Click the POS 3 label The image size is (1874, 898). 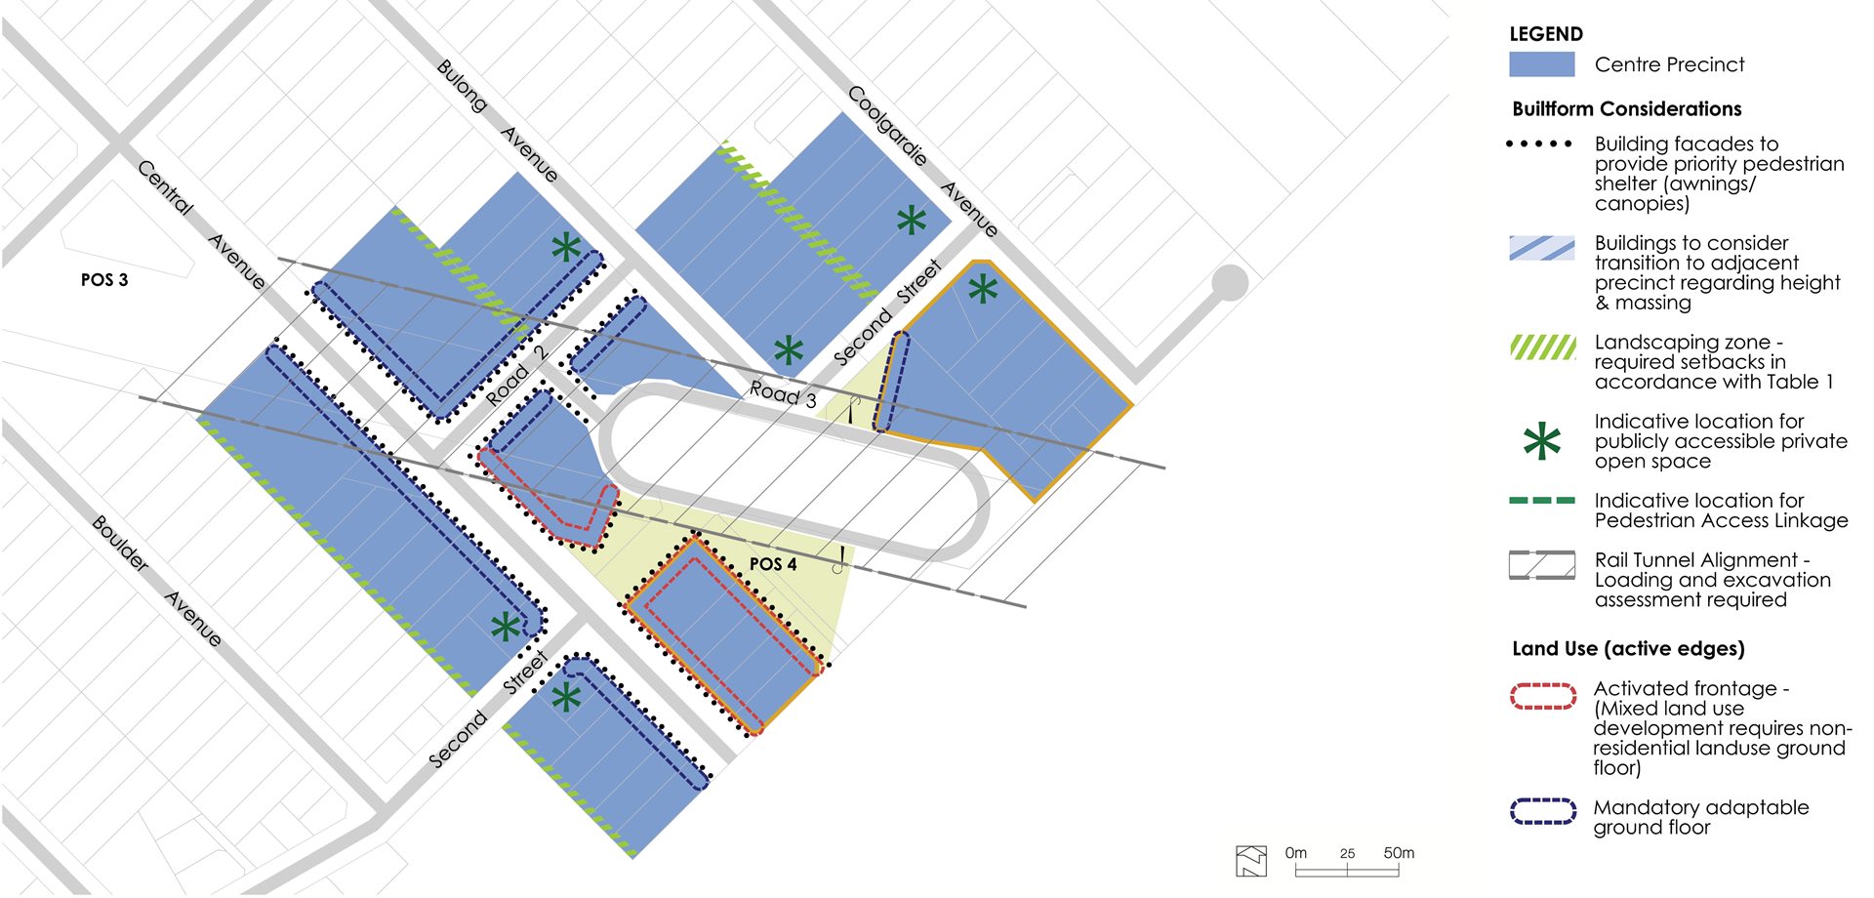point(104,280)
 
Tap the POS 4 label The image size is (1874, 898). point(773,564)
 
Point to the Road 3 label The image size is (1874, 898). point(783,393)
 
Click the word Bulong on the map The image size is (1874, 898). point(462,86)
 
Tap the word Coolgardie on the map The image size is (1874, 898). point(887,126)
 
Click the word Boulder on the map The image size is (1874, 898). point(120,544)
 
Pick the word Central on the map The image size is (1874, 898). point(165,186)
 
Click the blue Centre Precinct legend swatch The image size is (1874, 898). point(1541,64)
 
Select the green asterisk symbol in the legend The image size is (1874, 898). point(1541,442)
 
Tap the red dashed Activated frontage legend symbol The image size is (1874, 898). point(1542,696)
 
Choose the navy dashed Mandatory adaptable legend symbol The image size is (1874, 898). point(1542,811)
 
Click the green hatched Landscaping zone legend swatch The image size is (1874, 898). point(1542,347)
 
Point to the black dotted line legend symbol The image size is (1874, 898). point(1539,144)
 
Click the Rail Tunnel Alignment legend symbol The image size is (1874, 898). point(1541,565)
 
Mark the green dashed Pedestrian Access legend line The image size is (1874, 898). point(1541,501)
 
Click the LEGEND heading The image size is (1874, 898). point(1545,34)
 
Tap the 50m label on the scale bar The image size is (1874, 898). point(1399,853)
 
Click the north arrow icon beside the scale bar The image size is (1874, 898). point(1251,860)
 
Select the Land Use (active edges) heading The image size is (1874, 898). point(1628,649)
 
